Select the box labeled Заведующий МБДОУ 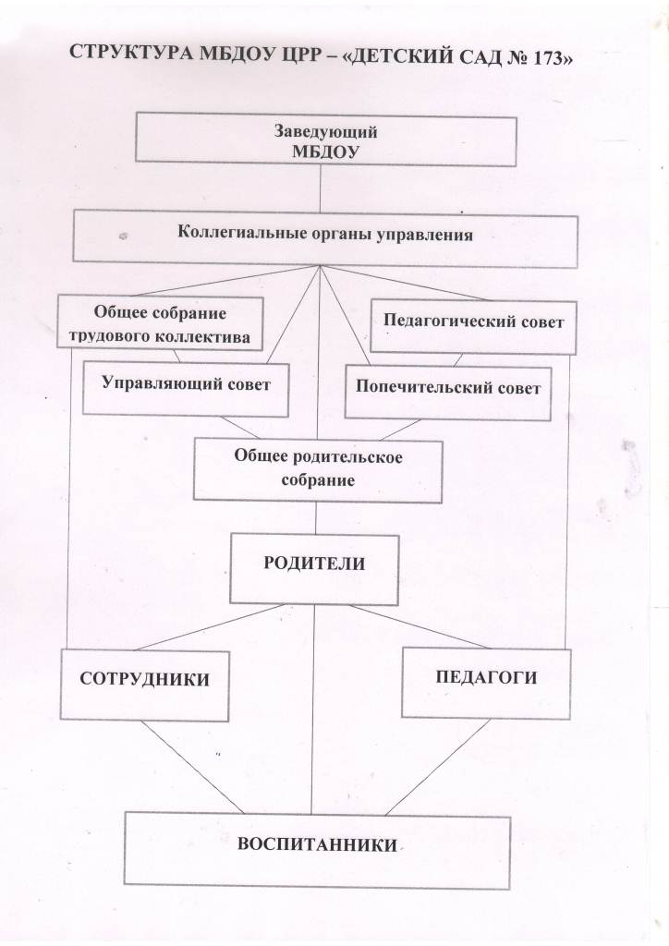tap(326, 140)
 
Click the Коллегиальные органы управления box tap(325, 238)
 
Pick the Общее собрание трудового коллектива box tap(161, 322)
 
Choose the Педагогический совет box tap(473, 326)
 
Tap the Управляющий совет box tap(186, 389)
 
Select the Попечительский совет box tap(448, 392)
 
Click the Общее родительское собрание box tap(318, 471)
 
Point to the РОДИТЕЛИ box tap(314, 569)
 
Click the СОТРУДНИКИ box tap(145, 685)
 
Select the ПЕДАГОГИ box tap(486, 683)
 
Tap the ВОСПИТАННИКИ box tap(317, 851)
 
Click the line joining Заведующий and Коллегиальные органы tap(320, 188)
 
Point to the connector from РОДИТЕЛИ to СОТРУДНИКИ tap(210, 627)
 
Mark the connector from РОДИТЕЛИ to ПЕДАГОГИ tap(420, 626)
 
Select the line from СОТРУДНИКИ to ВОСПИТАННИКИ tap(192, 767)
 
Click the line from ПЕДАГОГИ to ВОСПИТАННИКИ tap(438, 767)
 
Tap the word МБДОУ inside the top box tap(326, 152)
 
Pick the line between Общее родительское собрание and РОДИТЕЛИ tap(316, 518)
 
